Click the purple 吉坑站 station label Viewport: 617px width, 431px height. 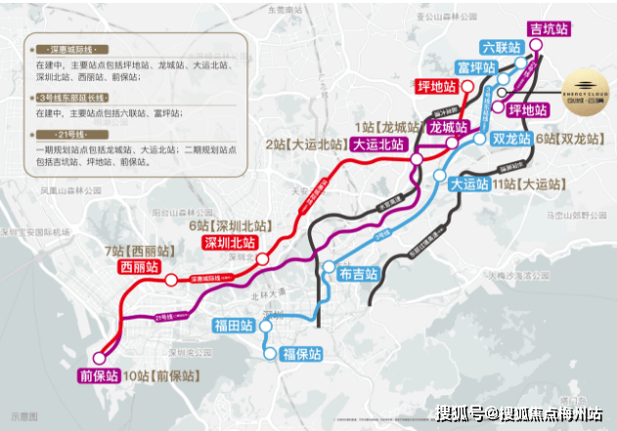point(549,29)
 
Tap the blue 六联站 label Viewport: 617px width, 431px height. point(499,47)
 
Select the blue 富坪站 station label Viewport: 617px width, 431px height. point(477,68)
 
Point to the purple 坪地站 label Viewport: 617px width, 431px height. point(532,110)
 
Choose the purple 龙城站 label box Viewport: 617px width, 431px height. point(450,127)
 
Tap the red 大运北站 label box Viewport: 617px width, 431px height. point(379,143)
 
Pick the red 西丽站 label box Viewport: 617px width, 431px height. point(136,266)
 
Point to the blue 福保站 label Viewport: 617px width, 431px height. point(300,353)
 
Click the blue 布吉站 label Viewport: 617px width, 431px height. point(356,276)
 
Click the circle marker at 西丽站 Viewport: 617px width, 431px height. point(170,280)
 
